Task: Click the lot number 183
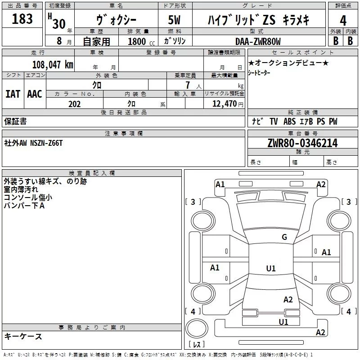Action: tap(22, 19)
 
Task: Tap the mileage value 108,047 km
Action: tap(53, 64)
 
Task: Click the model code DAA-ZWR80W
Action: tap(258, 41)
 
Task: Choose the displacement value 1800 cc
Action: tap(138, 41)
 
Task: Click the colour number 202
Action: tap(75, 104)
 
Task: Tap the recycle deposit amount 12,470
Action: tap(225, 104)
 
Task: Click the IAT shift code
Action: tap(13, 94)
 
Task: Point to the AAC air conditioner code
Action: tap(35, 94)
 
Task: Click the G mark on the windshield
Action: tap(284, 237)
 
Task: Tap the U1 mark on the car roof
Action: tap(270, 269)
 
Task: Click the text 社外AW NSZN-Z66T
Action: tap(34, 143)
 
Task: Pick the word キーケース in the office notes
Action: tap(23, 336)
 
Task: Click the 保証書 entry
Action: tap(15, 121)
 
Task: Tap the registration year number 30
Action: tap(59, 23)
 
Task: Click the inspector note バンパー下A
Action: tap(24, 206)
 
